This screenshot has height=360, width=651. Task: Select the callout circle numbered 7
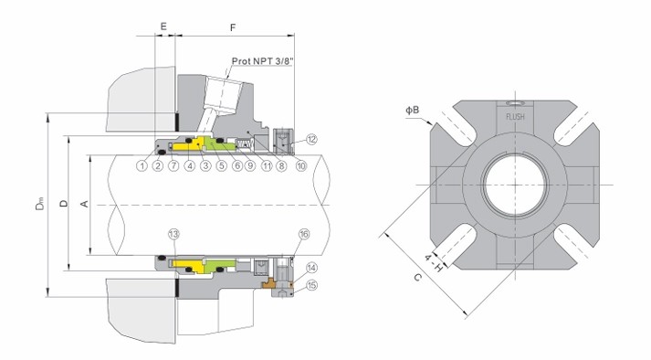click(173, 165)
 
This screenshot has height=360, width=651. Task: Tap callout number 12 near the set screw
click(311, 140)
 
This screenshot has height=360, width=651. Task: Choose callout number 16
click(303, 235)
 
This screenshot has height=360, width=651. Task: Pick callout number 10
click(300, 165)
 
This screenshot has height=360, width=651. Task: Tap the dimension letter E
click(163, 27)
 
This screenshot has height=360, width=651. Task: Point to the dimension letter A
click(86, 206)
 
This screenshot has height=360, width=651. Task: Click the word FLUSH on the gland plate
click(513, 116)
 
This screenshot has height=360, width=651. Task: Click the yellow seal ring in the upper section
click(194, 145)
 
